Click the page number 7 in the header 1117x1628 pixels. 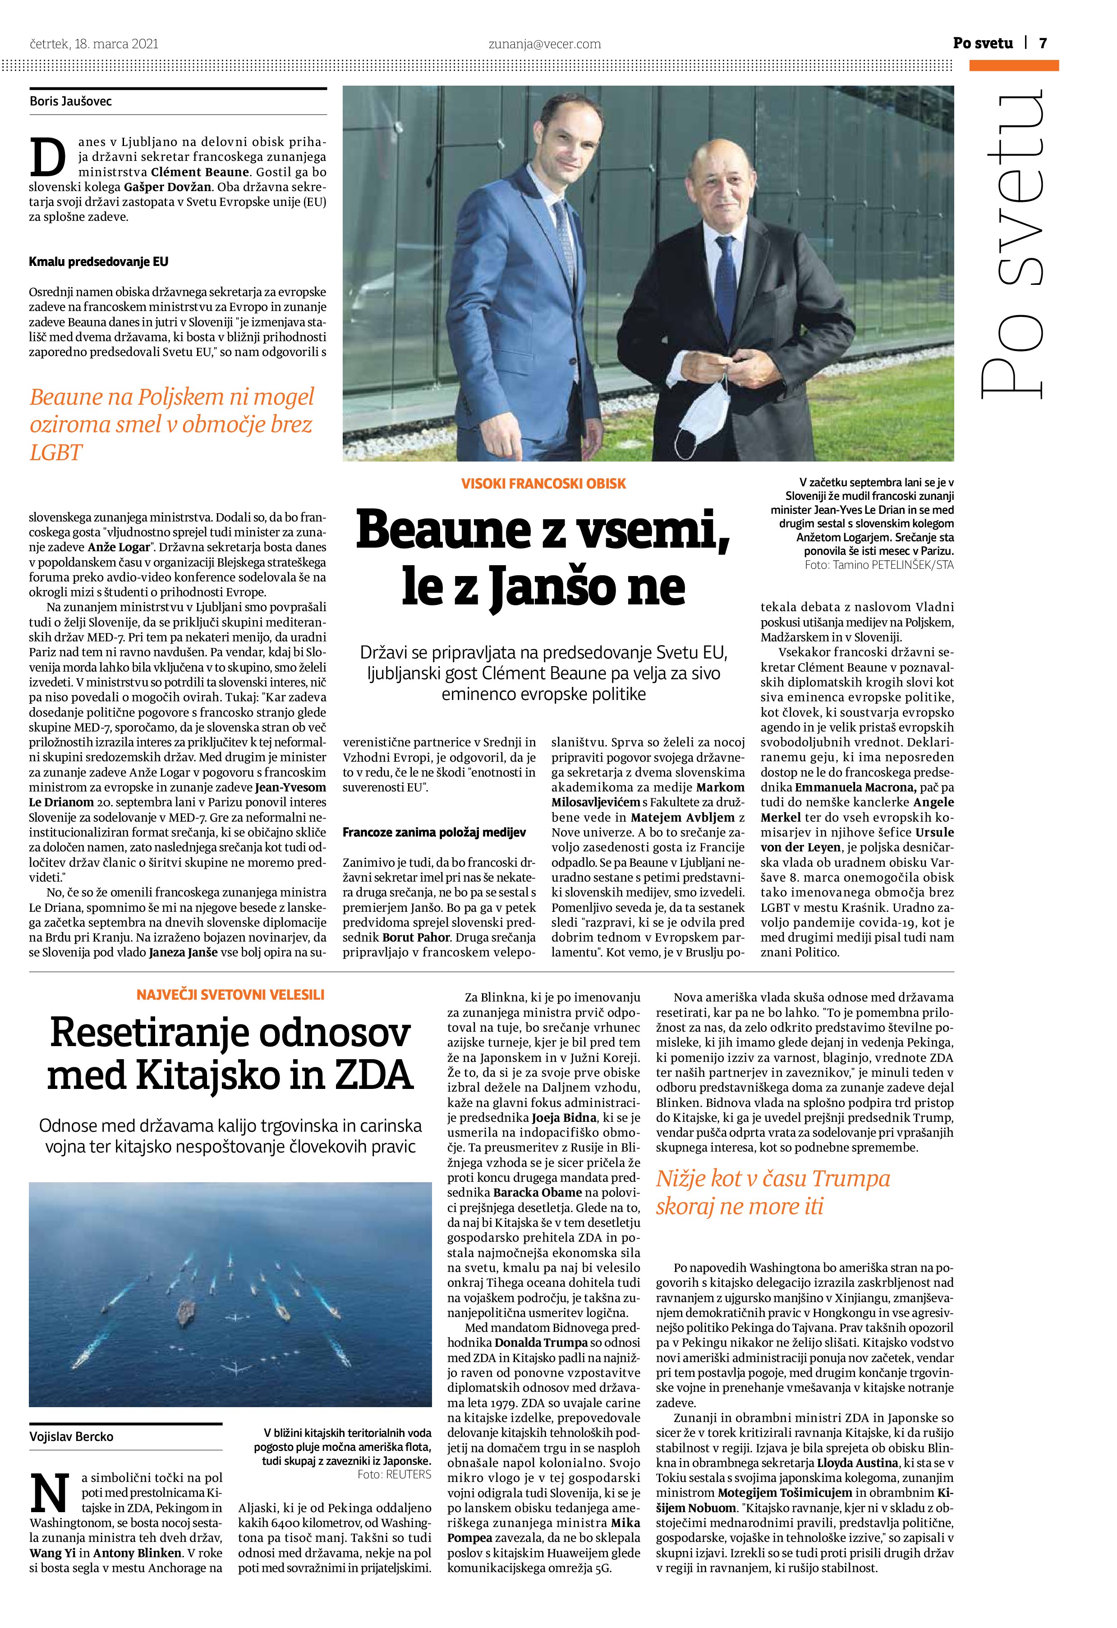coord(1043,43)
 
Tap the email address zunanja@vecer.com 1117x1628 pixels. coord(544,44)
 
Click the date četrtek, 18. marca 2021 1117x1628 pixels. coord(94,44)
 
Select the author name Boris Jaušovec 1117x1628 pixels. coord(71,101)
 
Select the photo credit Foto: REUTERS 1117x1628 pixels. coord(394,1475)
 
